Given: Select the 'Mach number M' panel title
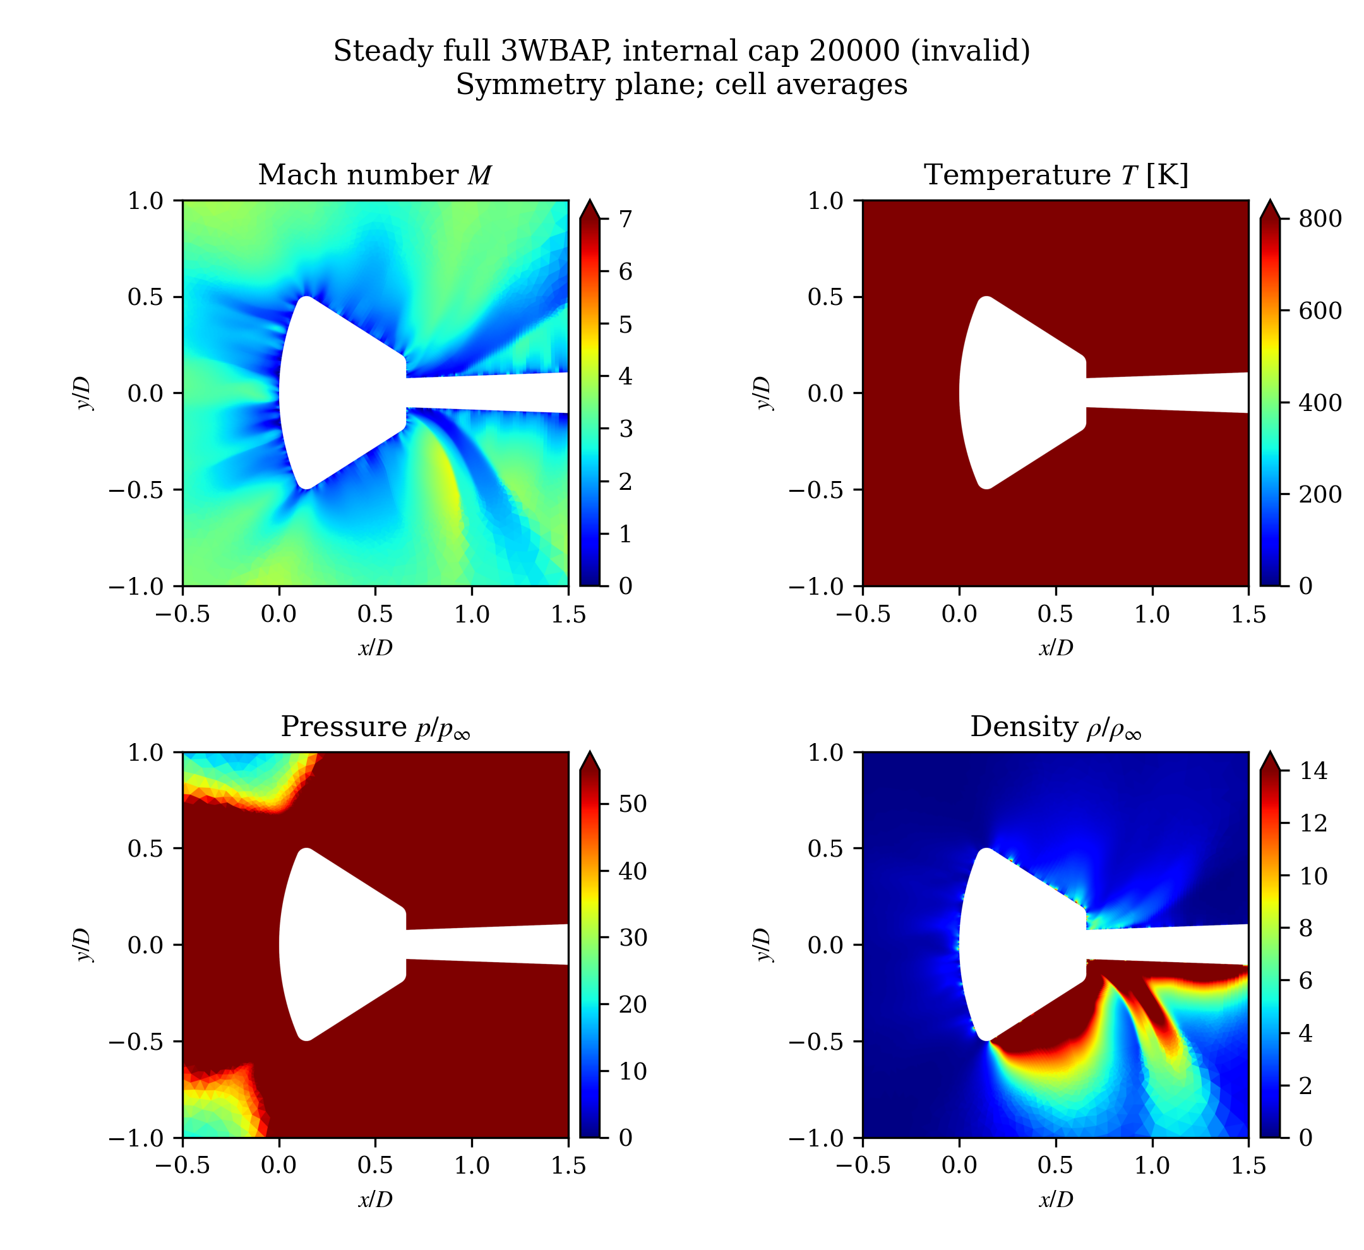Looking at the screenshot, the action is [375, 176].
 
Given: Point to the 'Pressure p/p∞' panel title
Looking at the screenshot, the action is [376, 727].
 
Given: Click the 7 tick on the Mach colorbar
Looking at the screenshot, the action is [626, 219].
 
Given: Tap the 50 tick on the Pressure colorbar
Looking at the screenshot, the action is [633, 804].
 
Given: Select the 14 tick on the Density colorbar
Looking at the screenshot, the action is [1313, 771].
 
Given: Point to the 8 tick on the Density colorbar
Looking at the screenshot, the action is [1306, 929].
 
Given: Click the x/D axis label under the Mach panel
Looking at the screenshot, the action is [376, 647].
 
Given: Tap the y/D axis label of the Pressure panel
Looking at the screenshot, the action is [83, 945].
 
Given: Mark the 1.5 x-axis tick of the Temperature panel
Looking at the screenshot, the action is [1248, 614].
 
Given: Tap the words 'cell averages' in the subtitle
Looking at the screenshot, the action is [811, 85].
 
